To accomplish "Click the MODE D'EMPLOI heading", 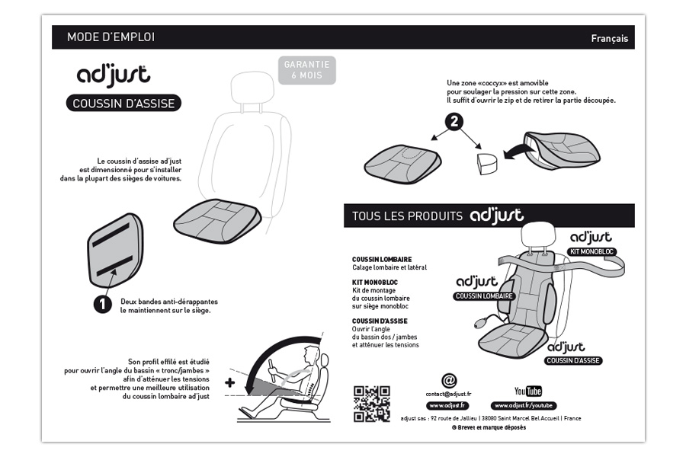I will (111, 37).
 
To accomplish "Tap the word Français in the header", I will (609, 39).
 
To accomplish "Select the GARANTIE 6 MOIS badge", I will (306, 70).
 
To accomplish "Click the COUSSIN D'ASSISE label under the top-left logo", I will (123, 104).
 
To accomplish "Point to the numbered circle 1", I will (102, 304).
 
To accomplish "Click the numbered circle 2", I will (455, 123).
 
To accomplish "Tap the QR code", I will (372, 404).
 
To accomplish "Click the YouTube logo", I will (528, 391).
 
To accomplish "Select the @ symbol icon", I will (449, 380).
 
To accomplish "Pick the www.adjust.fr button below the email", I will (448, 406).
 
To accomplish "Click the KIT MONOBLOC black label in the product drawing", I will (592, 251).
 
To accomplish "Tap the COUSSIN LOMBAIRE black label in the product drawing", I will (484, 296).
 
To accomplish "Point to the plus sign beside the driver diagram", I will (229, 382).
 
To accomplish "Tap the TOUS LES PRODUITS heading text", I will (407, 216).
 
